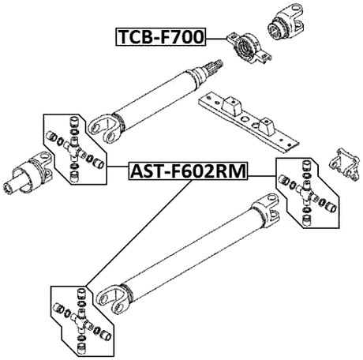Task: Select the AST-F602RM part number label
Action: click(188, 170)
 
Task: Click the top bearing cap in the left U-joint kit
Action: click(73, 122)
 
